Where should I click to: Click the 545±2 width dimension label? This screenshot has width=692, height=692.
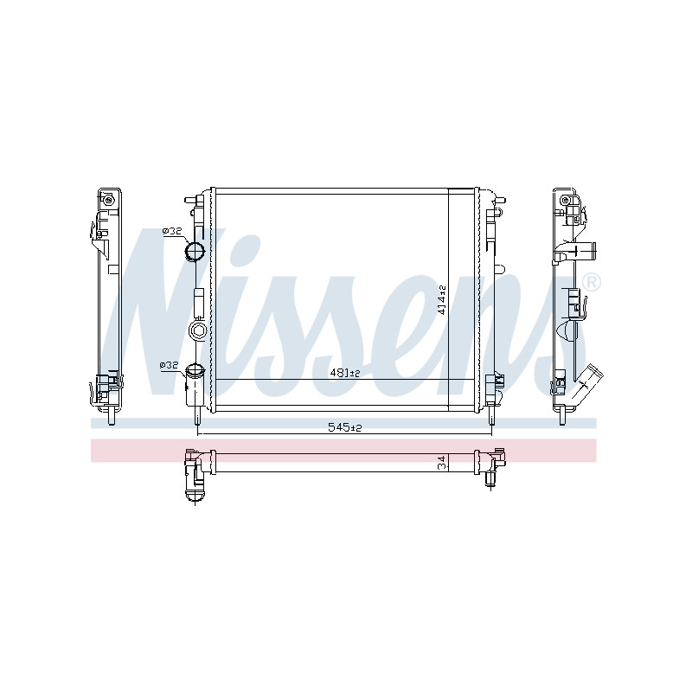click(x=344, y=427)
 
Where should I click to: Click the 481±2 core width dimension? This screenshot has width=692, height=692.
click(x=345, y=374)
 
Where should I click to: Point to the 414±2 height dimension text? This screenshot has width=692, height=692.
click(x=442, y=299)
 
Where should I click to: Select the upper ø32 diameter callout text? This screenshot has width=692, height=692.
click(x=172, y=231)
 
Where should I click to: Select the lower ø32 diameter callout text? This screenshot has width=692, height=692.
click(x=169, y=365)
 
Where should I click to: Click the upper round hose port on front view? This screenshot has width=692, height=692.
click(x=195, y=252)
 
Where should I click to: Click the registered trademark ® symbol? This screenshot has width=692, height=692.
click(x=591, y=282)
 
